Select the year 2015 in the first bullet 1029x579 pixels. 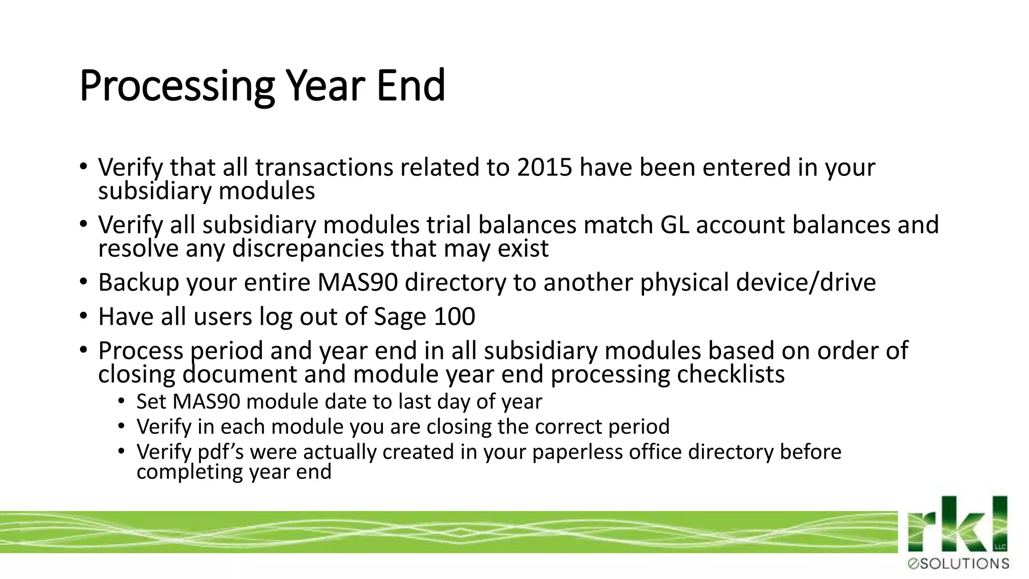click(545, 167)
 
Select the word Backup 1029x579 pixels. click(139, 282)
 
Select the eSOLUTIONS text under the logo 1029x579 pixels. click(958, 564)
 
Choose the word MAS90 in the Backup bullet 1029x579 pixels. click(357, 282)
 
